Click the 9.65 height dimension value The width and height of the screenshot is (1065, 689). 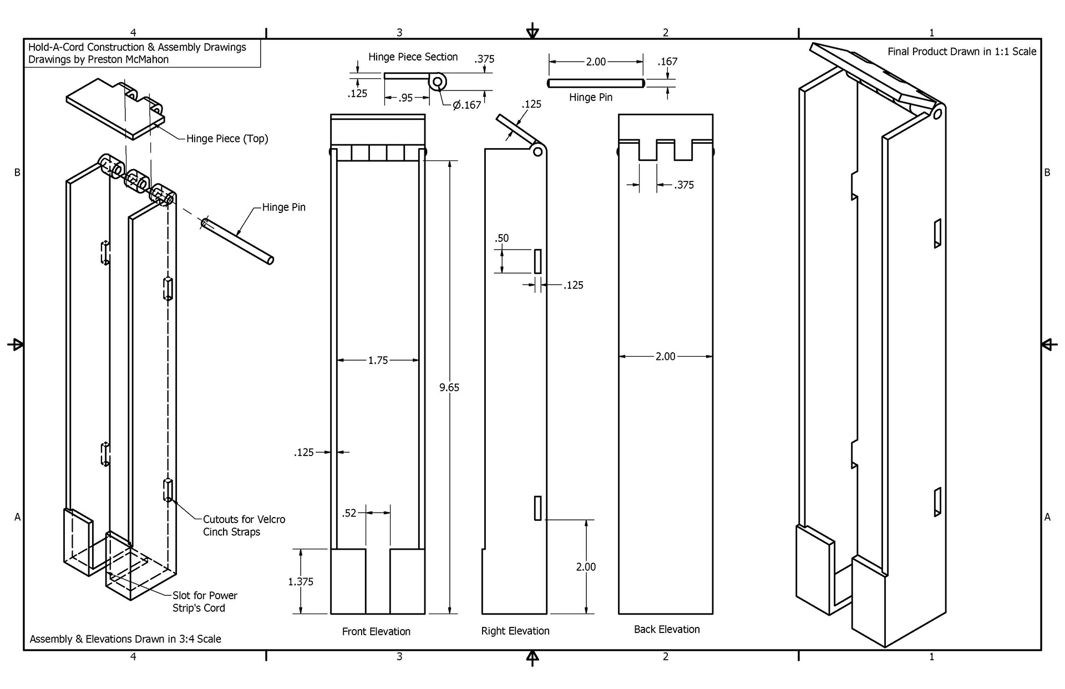(449, 388)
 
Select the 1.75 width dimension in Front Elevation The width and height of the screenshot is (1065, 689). (378, 361)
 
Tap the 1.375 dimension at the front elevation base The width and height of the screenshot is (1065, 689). (301, 581)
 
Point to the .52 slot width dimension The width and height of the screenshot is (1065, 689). (349, 513)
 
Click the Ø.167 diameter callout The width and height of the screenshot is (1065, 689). (466, 105)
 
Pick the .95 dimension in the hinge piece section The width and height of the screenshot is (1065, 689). (406, 98)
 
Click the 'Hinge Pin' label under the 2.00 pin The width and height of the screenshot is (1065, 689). (590, 98)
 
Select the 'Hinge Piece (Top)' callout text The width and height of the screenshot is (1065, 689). (227, 139)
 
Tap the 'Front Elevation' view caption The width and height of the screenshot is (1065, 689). (376, 631)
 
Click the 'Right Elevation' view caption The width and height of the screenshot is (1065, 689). (515, 631)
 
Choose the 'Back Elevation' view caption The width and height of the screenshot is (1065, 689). (667, 629)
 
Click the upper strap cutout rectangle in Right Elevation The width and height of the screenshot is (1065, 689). (537, 261)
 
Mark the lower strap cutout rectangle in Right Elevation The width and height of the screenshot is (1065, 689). (537, 508)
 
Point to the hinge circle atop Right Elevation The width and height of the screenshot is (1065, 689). (537, 151)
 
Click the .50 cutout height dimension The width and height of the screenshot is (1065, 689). (501, 239)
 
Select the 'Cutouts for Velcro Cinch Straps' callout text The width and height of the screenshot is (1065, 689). (244, 525)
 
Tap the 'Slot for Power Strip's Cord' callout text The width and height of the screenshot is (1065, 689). (204, 601)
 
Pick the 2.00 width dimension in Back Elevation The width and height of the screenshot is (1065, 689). (665, 357)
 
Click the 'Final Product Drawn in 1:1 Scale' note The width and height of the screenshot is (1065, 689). (961, 52)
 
